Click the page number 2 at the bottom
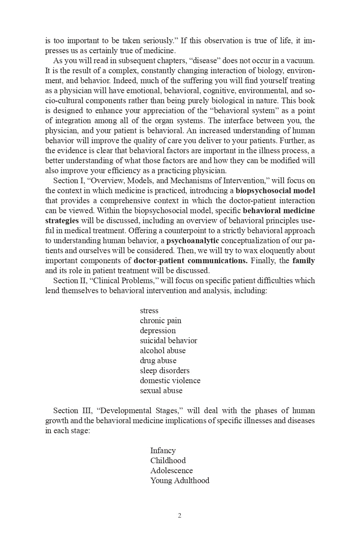click(180, 516)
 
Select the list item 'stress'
click(149, 311)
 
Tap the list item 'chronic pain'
click(160, 321)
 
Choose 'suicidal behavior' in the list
click(168, 341)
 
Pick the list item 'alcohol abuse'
click(163, 351)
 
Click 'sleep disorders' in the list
click(165, 371)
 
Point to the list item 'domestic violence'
click(170, 381)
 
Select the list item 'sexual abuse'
click(161, 391)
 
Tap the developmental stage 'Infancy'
click(163, 451)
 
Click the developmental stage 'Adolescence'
click(172, 471)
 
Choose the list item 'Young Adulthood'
click(180, 481)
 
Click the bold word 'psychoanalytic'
click(193, 241)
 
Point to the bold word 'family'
click(304, 261)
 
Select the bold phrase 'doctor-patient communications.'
click(190, 261)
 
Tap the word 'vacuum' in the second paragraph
click(301, 61)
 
